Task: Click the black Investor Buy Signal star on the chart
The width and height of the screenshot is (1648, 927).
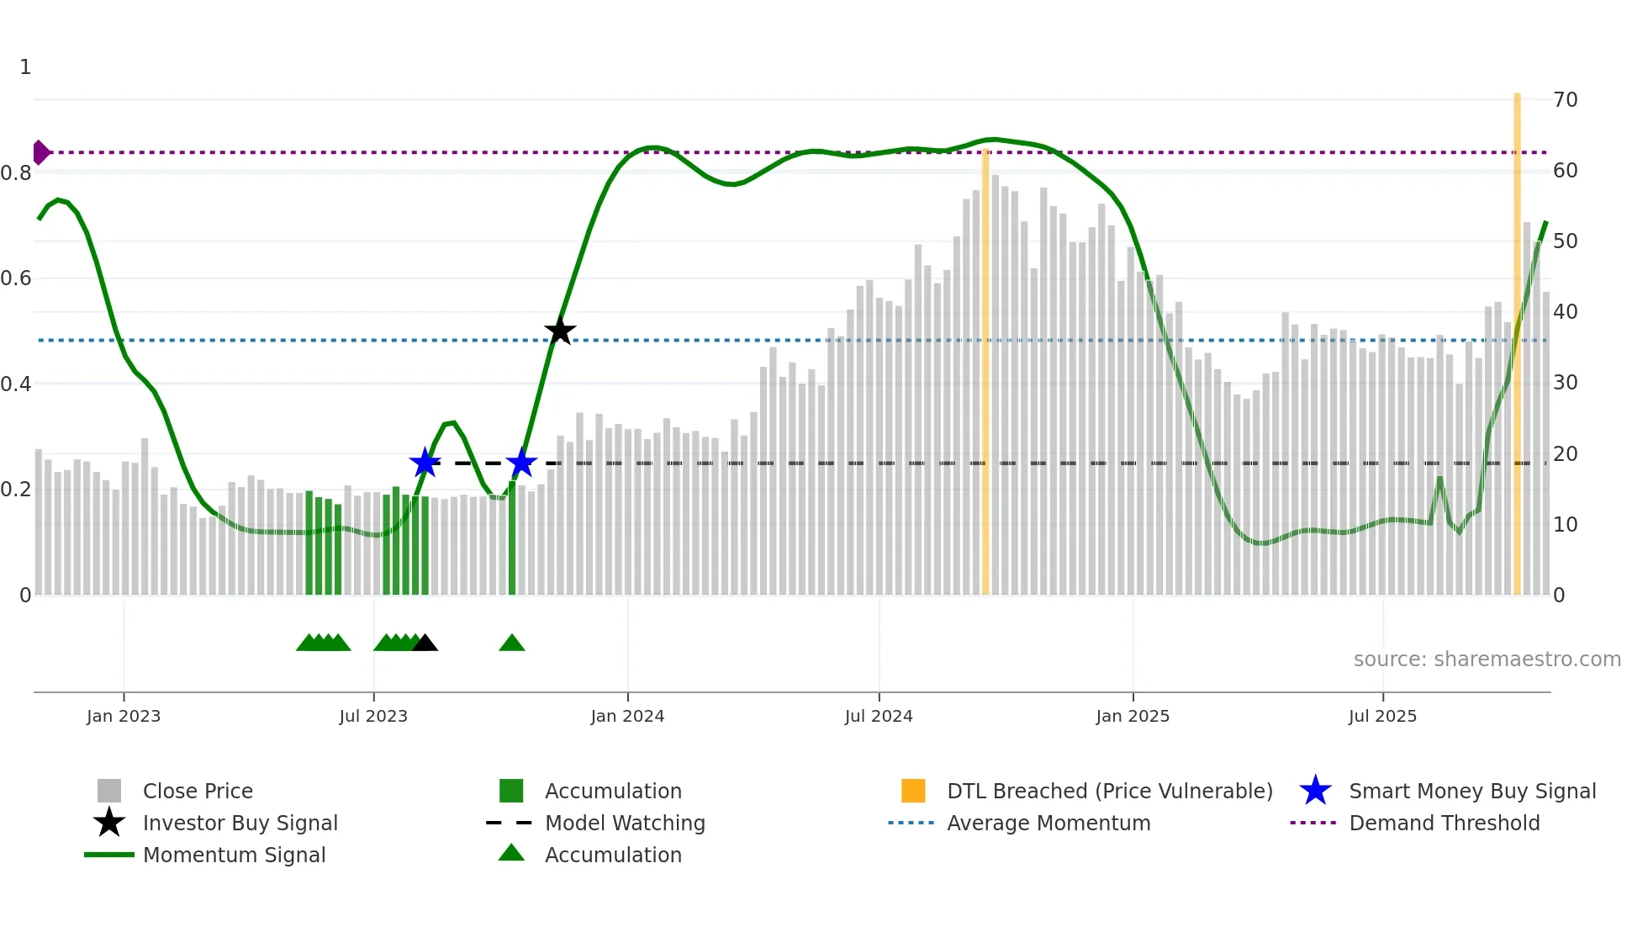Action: [x=560, y=331]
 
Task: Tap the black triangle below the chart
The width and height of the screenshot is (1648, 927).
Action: [x=425, y=644]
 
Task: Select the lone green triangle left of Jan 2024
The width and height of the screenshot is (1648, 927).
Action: [x=512, y=644]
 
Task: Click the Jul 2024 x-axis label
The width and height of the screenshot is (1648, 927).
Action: [x=879, y=716]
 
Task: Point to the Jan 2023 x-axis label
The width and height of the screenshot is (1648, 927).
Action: [x=124, y=716]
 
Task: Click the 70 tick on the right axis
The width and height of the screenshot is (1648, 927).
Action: [x=1565, y=100]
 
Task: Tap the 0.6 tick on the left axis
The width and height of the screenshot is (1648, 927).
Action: [x=16, y=278]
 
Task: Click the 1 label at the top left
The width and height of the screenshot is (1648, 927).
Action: [x=25, y=67]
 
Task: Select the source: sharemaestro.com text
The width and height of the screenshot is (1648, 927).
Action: [x=1487, y=659]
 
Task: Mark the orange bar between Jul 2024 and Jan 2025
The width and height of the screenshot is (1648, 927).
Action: [x=985, y=370]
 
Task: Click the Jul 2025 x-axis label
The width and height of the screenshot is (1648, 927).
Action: [x=1382, y=716]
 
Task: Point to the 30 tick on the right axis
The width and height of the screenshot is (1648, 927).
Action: [x=1565, y=383]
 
